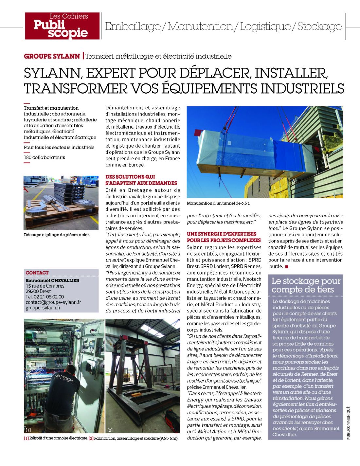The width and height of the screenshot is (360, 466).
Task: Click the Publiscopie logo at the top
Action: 62,26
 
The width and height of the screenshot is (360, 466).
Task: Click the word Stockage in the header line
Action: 319,26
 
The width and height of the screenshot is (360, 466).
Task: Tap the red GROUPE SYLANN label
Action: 52,56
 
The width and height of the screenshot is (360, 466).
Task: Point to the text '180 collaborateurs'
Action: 44,157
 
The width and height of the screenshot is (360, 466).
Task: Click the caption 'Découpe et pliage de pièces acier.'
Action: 57,235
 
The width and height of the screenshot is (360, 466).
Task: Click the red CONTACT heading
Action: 37,273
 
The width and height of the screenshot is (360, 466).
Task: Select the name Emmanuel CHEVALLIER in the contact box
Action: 52,280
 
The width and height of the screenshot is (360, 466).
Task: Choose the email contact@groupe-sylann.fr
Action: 53,302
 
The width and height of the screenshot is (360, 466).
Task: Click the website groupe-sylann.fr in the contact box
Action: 43,308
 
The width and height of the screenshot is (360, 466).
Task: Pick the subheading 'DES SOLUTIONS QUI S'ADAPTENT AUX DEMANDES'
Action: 141,180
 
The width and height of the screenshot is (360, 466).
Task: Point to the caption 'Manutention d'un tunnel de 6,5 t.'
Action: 218,203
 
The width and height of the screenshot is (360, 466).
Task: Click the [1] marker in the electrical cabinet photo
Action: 28,430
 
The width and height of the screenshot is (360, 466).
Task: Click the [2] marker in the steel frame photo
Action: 110,430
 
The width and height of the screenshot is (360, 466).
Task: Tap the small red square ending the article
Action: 287,267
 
